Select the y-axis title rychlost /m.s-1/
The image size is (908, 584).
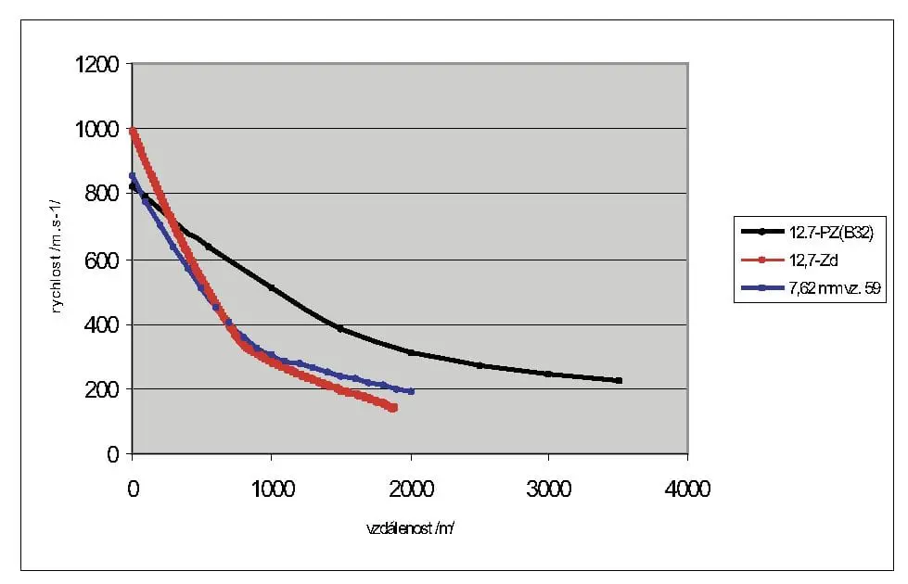click(58, 259)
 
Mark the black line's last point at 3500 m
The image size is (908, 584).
click(619, 380)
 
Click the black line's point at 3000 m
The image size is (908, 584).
click(548, 374)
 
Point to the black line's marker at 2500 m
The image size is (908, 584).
click(480, 365)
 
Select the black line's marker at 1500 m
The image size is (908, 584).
click(340, 329)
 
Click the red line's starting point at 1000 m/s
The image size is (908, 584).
click(133, 131)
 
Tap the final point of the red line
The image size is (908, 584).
click(393, 408)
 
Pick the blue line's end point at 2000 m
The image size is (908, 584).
click(410, 391)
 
